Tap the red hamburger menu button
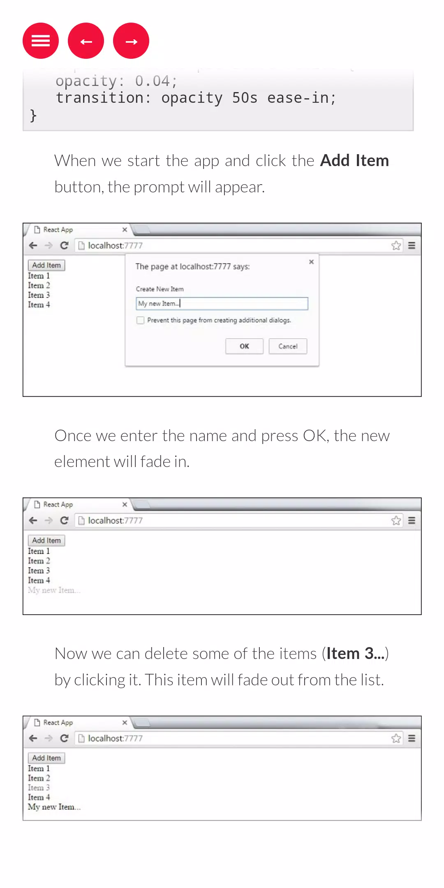coord(41,41)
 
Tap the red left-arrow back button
coord(86,41)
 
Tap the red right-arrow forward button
coord(131,41)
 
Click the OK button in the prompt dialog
coord(244,346)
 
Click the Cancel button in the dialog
coord(288,346)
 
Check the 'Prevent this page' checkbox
coord(141,320)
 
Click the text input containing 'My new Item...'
coord(222,303)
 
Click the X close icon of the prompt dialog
coord(311,262)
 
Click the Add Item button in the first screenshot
coord(46,265)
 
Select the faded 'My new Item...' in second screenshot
coord(54,590)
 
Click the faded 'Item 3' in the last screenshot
coord(39,788)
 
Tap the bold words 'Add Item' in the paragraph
coord(354,160)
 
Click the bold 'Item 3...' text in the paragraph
coord(356,653)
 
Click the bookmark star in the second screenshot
coord(396,520)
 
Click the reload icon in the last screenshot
coord(64,738)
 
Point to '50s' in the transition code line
coord(245,98)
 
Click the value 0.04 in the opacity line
coord(153,81)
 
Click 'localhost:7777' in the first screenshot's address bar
coord(115,245)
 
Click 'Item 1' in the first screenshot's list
coord(39,276)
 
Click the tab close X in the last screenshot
coord(125,722)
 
